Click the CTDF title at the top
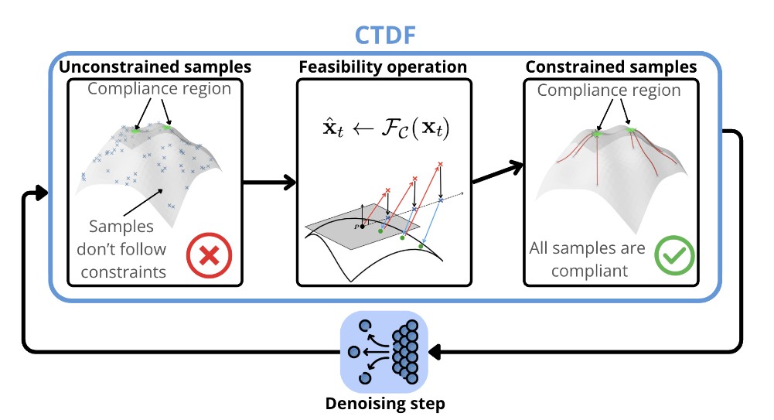pyautogui.click(x=387, y=35)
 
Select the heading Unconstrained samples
pyautogui.click(x=155, y=67)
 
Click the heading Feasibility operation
pyautogui.click(x=383, y=67)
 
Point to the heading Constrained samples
pyautogui.click(x=611, y=67)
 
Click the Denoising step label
pyautogui.click(x=385, y=403)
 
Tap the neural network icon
pyautogui.click(x=384, y=350)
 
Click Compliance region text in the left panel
pyautogui.click(x=159, y=88)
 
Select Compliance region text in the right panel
pyautogui.click(x=609, y=90)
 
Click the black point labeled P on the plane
pyautogui.click(x=361, y=227)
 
